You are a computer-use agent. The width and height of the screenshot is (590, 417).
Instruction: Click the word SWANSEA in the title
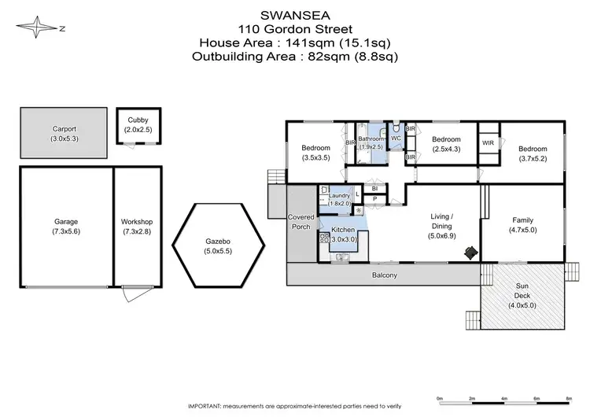(x=295, y=14)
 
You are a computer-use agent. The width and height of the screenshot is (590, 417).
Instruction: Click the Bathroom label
(x=370, y=138)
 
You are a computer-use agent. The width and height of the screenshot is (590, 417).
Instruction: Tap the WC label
(x=396, y=138)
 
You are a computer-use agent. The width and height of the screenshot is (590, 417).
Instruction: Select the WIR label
(x=488, y=143)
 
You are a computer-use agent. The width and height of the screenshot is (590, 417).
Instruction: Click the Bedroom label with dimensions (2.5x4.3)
(x=445, y=139)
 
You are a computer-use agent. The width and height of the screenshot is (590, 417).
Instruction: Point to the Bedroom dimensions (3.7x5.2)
(x=532, y=158)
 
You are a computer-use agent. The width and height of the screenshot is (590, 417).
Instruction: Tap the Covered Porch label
(x=301, y=222)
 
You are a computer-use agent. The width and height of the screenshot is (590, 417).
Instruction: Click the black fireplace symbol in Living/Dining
(x=470, y=253)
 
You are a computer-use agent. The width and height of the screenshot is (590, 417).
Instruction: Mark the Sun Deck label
(x=522, y=291)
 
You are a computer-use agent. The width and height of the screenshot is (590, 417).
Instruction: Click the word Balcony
(x=384, y=275)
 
